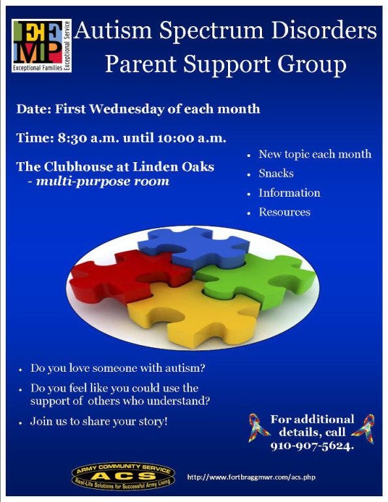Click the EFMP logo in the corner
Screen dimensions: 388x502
42,46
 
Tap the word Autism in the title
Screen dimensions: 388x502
113,31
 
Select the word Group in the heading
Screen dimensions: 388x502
312,63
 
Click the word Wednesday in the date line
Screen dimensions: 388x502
127,109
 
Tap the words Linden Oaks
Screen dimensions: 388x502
173,167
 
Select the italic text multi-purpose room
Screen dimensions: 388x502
103,182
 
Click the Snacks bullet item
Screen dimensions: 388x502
276,173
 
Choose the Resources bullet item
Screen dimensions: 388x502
284,212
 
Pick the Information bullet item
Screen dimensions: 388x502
289,193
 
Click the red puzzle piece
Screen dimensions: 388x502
128,276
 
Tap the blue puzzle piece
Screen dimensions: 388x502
194,246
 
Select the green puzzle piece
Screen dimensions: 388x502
256,279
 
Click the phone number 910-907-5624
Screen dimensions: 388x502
312,446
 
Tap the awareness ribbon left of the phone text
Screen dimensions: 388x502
259,427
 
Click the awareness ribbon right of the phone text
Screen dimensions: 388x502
364,428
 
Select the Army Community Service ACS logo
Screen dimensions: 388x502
123,476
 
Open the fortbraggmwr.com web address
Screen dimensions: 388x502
251,477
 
